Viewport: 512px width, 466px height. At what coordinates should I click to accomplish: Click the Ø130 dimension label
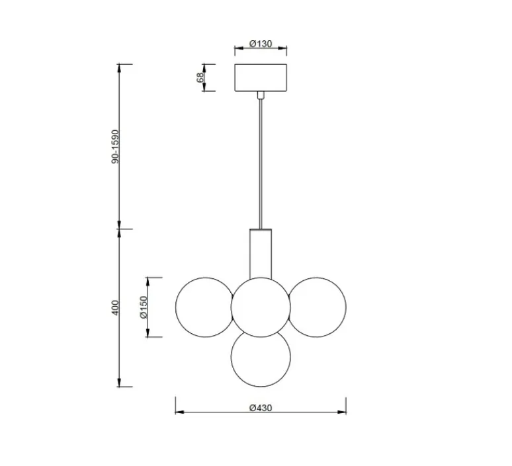(x=261, y=44)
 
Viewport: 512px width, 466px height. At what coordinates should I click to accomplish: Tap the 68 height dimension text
(x=200, y=77)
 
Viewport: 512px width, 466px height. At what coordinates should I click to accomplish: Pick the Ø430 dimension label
(x=261, y=408)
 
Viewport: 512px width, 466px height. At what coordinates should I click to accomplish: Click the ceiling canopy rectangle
(x=261, y=77)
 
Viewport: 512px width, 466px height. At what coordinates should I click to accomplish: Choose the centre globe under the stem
(x=261, y=305)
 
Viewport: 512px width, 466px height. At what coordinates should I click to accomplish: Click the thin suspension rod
(x=261, y=165)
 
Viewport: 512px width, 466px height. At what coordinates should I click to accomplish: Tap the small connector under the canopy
(x=261, y=95)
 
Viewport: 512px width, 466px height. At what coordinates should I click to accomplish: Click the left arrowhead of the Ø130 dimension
(x=237, y=48)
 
